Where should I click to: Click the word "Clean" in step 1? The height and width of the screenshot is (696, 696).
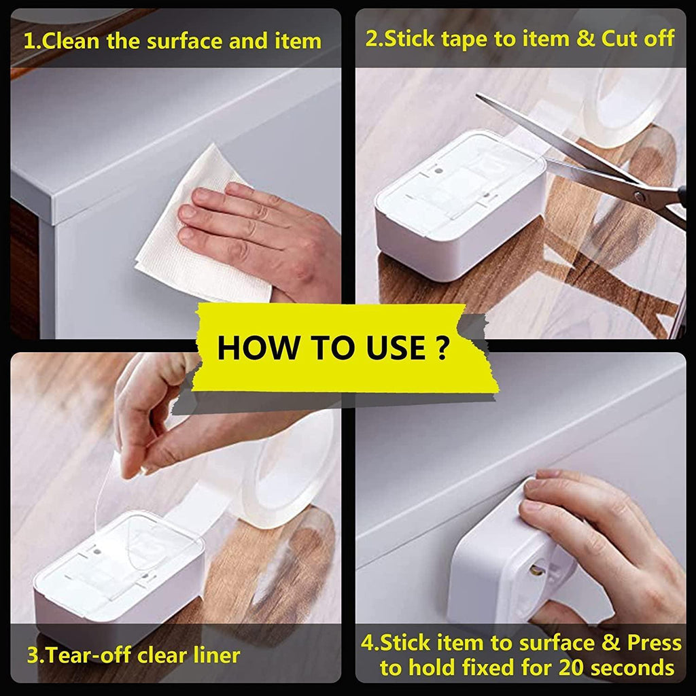pos(70,41)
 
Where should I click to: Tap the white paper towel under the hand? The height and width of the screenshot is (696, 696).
pos(184,258)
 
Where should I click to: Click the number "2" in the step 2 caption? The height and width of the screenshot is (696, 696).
pos(372,38)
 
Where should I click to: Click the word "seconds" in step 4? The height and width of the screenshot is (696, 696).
pos(632,667)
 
